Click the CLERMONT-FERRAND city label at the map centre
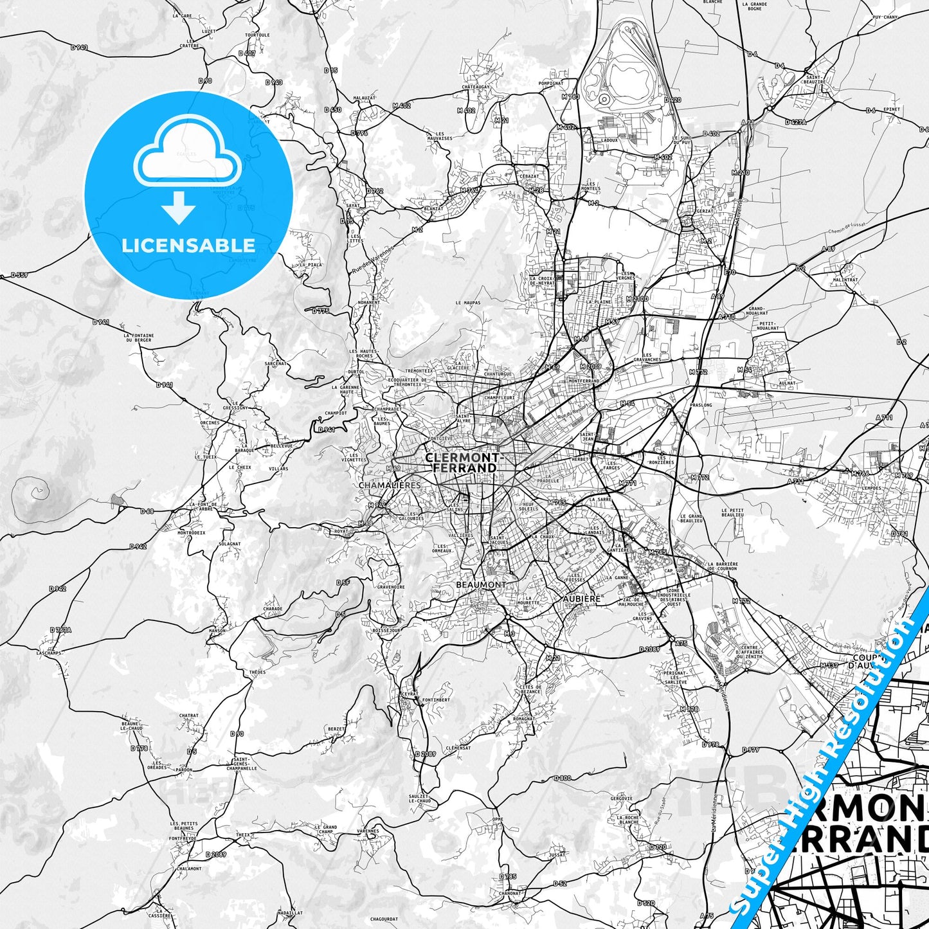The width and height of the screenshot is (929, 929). (465, 463)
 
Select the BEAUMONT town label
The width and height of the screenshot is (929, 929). (481, 584)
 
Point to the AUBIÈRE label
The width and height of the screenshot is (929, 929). (581, 599)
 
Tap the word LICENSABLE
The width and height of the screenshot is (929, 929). (188, 246)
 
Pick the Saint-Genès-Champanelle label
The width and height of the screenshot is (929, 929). (241, 763)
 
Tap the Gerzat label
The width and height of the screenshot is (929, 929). (705, 211)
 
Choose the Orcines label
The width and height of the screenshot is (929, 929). (210, 423)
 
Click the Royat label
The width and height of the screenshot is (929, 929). (341, 532)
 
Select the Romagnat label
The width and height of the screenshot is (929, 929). (524, 719)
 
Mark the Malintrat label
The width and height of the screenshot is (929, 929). (845, 280)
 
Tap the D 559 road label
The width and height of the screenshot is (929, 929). (19, 275)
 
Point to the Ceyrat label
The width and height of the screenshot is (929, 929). (409, 694)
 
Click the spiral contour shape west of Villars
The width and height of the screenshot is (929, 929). (32, 494)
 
